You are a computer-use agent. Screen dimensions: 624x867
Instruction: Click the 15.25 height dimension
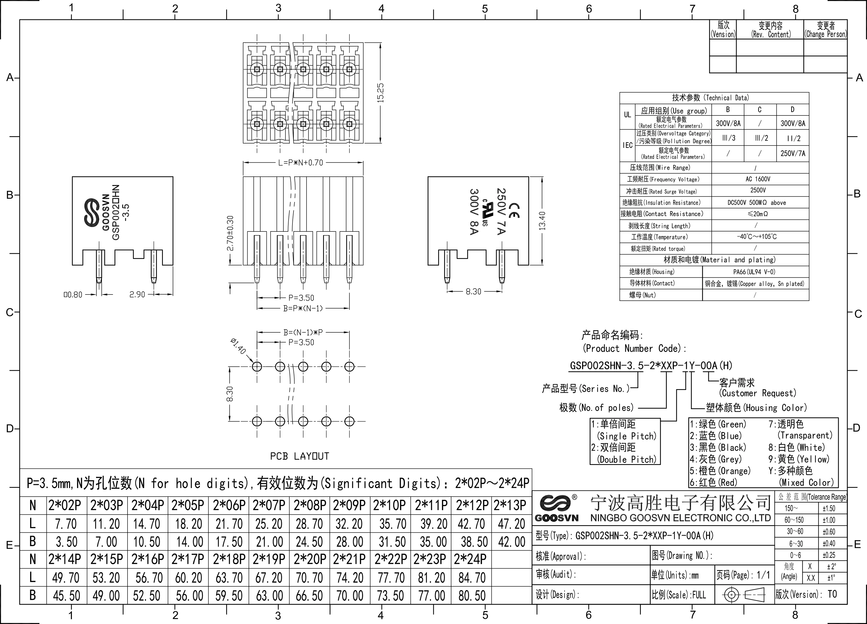coord(380,92)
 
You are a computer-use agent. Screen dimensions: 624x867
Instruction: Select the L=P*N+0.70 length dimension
coord(301,163)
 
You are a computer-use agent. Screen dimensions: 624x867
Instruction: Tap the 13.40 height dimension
coord(542,221)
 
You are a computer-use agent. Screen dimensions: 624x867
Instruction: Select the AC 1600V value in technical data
coord(758,179)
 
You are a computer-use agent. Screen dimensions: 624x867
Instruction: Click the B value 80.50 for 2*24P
coord(472,596)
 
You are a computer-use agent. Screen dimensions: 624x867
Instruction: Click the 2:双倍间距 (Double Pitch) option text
coord(624,453)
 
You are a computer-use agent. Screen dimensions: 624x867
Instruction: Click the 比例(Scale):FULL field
coord(679,595)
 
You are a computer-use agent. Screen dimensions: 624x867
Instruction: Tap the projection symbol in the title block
coord(744,595)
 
